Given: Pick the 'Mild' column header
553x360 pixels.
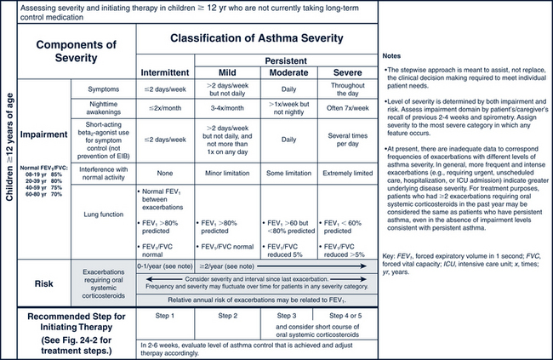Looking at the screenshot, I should (x=227, y=73).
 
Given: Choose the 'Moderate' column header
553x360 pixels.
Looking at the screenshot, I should (x=290, y=73).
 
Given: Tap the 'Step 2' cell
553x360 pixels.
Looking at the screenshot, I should (x=227, y=315).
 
